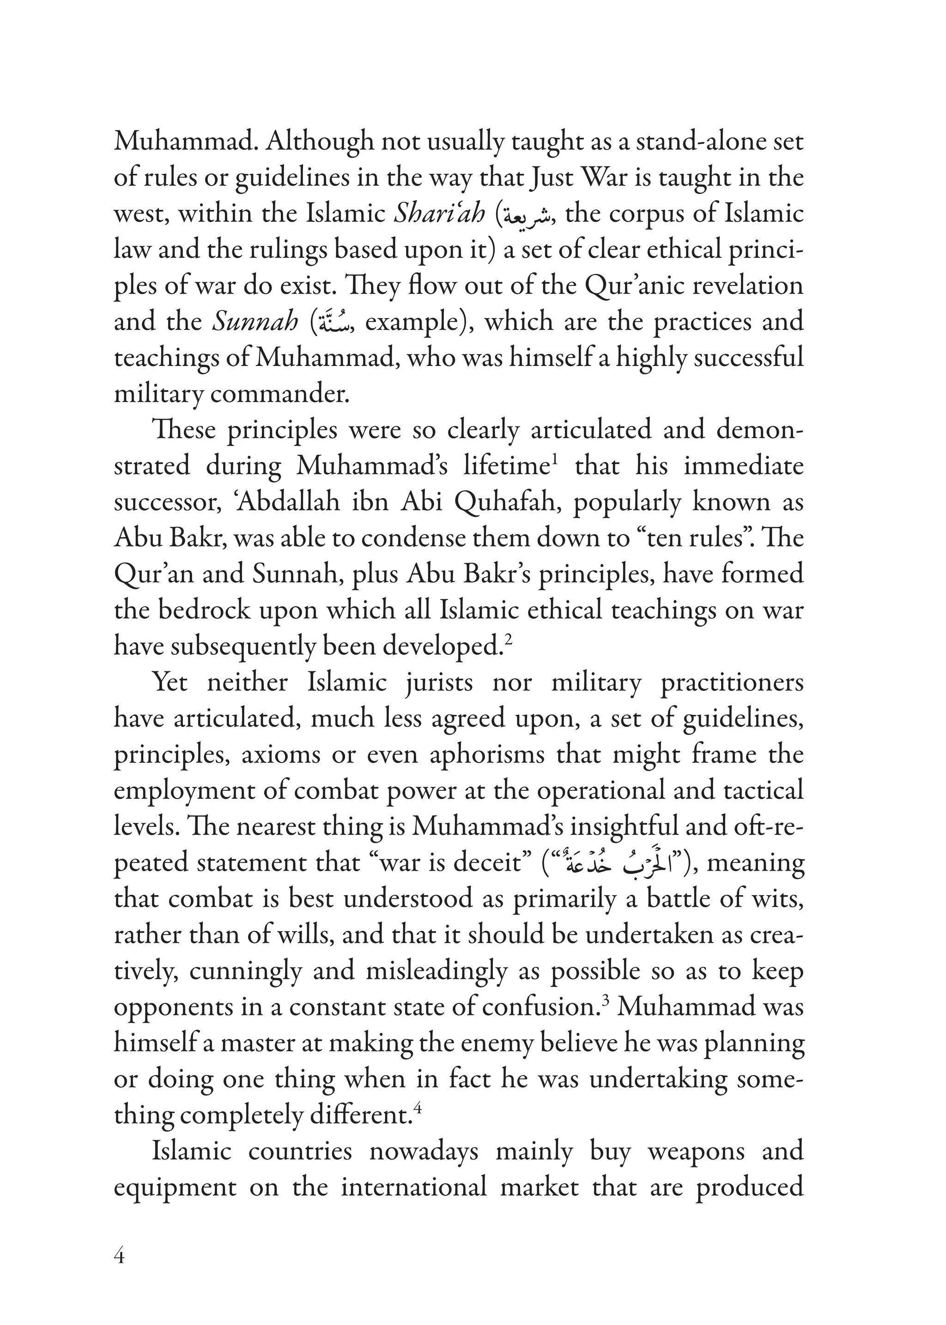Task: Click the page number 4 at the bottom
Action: pyautogui.click(x=120, y=1257)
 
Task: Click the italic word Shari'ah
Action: pyautogui.click(x=439, y=214)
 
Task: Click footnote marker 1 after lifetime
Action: pyautogui.click(x=555, y=460)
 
